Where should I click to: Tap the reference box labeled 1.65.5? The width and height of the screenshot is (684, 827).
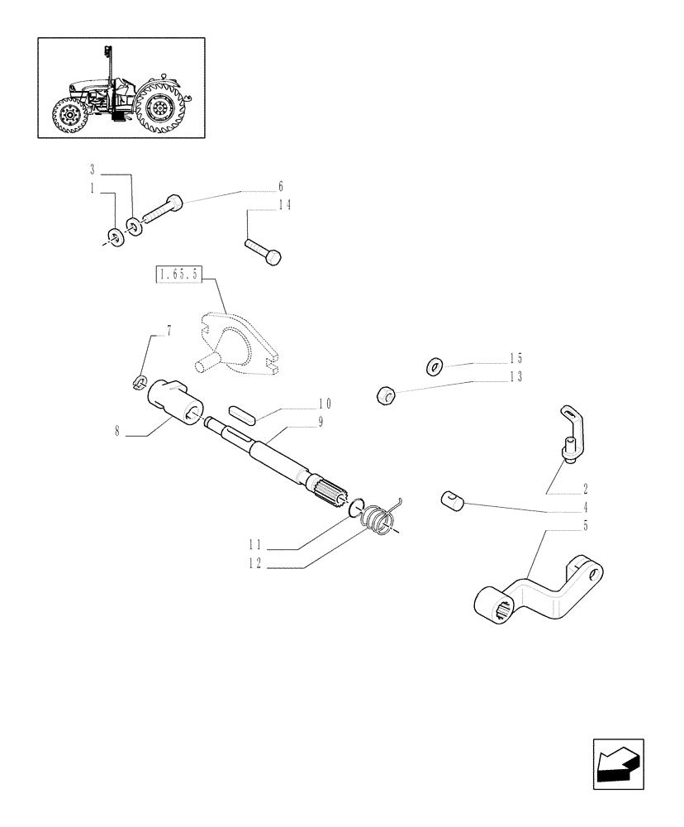point(179,274)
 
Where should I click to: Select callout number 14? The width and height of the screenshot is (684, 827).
point(283,205)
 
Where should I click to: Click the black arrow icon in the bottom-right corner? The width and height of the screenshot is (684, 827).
point(615,762)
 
